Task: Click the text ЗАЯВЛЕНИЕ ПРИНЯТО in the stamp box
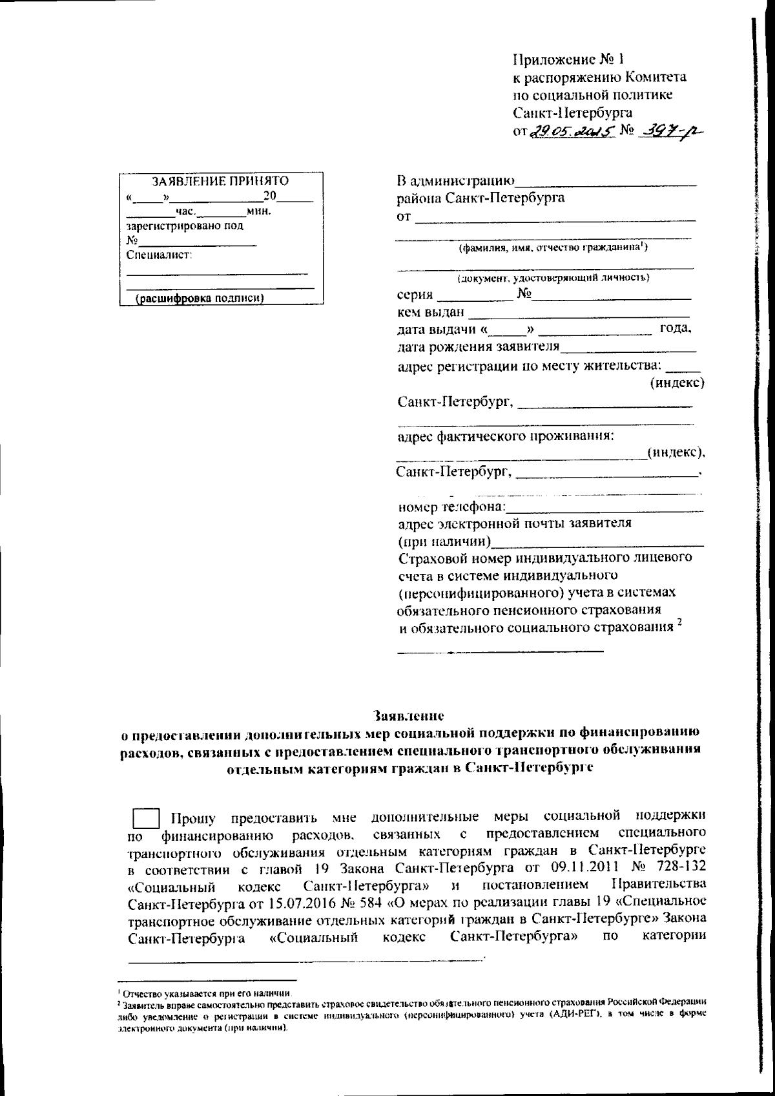pyautogui.click(x=220, y=182)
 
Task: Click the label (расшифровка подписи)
pyautogui.click(x=197, y=299)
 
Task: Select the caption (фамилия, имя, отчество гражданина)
pyautogui.click(x=553, y=248)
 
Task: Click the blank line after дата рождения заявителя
pyautogui.click(x=627, y=350)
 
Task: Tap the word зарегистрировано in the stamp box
pyautogui.click(x=170, y=226)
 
